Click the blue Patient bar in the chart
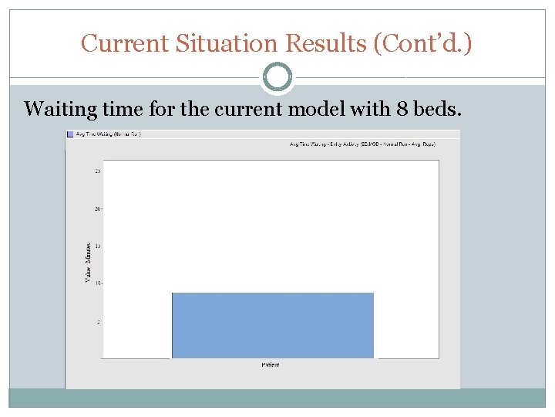click(x=272, y=325)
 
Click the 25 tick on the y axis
click(x=97, y=171)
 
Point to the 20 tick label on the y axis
click(x=97, y=208)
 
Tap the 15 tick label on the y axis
click(x=97, y=246)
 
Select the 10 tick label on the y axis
click(x=97, y=283)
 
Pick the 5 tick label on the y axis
click(x=98, y=321)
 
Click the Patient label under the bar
click(x=270, y=364)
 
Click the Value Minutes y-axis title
click(x=87, y=263)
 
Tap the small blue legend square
click(x=70, y=134)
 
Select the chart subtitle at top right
click(x=363, y=144)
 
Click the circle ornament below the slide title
click(x=277, y=77)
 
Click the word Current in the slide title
click(x=125, y=43)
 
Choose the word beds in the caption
click(x=438, y=109)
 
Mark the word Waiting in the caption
click(x=59, y=109)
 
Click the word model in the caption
click(x=315, y=109)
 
